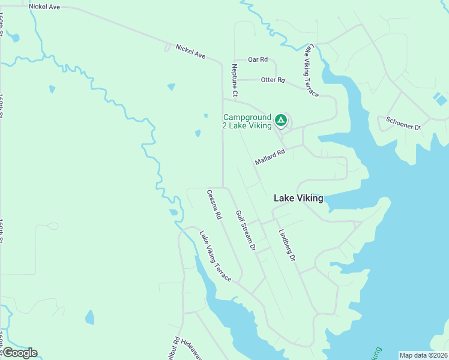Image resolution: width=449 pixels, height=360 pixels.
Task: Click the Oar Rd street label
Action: pos(258,59)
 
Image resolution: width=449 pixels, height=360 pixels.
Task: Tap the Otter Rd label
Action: pos(273,80)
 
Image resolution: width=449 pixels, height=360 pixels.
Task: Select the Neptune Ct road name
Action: pos(235,81)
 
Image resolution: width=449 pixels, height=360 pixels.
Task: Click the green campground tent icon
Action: pos(280,121)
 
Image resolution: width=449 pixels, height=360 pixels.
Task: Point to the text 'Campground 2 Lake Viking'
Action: pos(247,121)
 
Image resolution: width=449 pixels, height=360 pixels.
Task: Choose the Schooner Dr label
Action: pos(403,125)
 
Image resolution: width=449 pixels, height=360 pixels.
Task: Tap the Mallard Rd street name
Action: pos(269,158)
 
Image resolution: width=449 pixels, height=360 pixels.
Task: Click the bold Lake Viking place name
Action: pos(298,198)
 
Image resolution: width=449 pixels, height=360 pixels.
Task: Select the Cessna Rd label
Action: pos(214,204)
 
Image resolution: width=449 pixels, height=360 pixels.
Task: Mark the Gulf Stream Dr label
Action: pos(246,230)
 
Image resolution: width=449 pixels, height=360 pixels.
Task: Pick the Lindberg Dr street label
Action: pos(287,245)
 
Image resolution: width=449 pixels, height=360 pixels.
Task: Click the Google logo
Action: pos(19,353)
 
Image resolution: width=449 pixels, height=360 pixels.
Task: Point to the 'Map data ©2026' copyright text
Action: pos(423,355)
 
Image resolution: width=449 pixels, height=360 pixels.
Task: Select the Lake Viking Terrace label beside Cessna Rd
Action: pos(215,257)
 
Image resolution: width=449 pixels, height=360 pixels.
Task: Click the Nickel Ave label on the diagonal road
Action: pos(191,52)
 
